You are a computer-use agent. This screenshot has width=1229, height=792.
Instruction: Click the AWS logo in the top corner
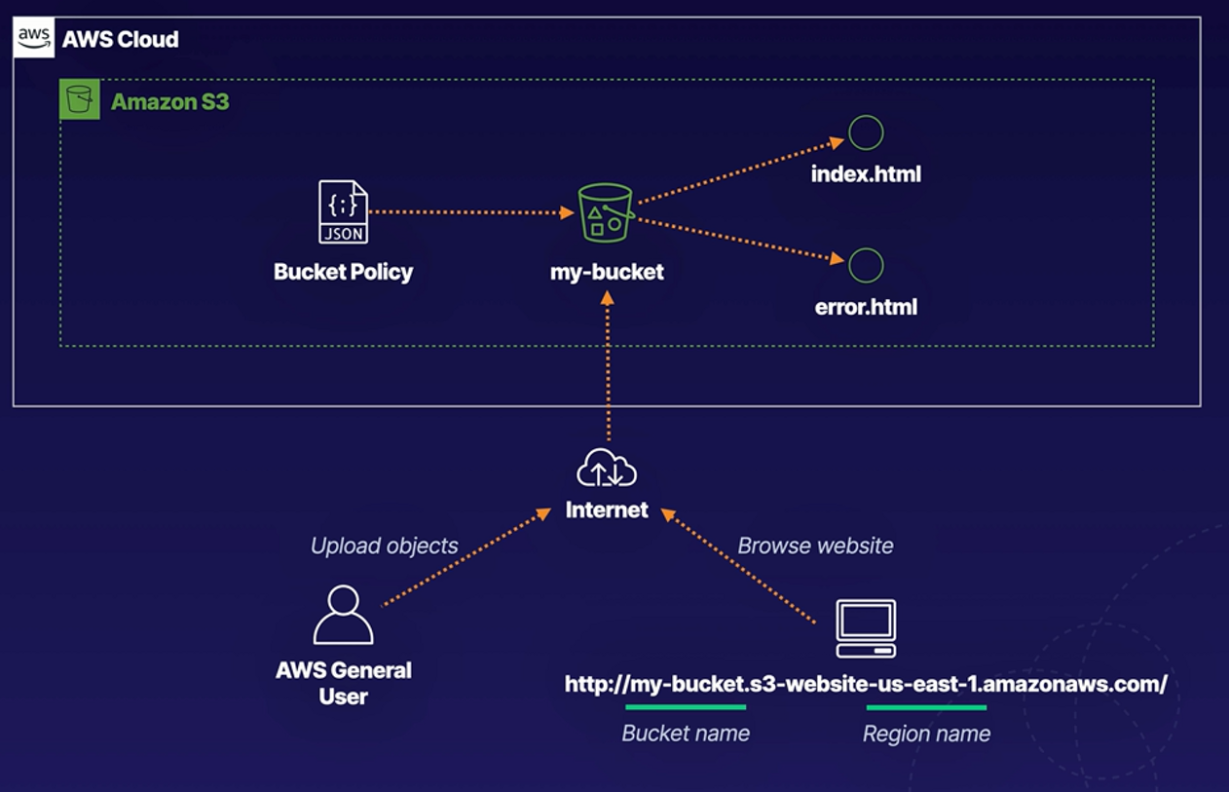click(34, 39)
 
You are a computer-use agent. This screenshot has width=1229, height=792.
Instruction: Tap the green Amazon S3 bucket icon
click(80, 100)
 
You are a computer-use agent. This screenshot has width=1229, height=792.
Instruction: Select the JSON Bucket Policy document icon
click(344, 212)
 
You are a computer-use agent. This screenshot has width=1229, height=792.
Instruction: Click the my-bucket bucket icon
click(606, 213)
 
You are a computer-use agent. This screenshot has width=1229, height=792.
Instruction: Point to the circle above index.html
click(866, 132)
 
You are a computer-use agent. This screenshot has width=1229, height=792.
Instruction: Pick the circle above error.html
click(866, 265)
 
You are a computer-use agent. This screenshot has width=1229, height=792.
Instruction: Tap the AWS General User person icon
click(343, 615)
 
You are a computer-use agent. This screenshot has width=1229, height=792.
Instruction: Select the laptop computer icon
click(866, 628)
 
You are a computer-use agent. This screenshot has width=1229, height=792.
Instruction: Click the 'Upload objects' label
click(384, 546)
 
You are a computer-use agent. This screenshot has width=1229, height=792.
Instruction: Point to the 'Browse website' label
click(815, 546)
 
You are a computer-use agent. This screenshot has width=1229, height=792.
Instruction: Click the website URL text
click(866, 684)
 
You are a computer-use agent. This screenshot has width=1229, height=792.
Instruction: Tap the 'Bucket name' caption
click(686, 734)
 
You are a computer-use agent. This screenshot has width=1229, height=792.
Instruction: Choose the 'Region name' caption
click(926, 734)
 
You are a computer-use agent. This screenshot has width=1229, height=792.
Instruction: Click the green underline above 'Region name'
click(926, 707)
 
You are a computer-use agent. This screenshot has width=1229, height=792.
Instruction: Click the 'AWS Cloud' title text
click(120, 40)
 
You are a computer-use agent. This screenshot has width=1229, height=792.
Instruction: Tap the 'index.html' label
click(866, 174)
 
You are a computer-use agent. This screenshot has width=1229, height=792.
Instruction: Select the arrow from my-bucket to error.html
click(740, 240)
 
